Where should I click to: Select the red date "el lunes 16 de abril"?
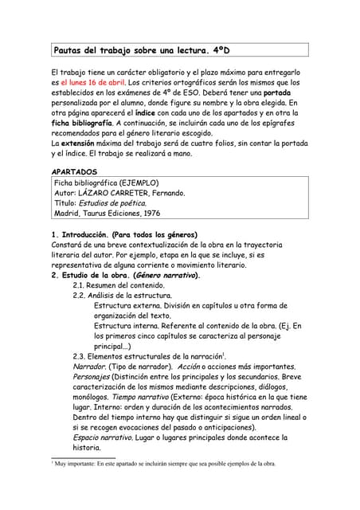tap(92, 82)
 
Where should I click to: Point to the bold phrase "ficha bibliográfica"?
tap(80, 123)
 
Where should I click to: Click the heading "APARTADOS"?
tap(74, 171)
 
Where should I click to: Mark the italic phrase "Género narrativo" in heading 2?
tap(167, 275)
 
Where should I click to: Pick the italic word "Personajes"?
tap(91, 376)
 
